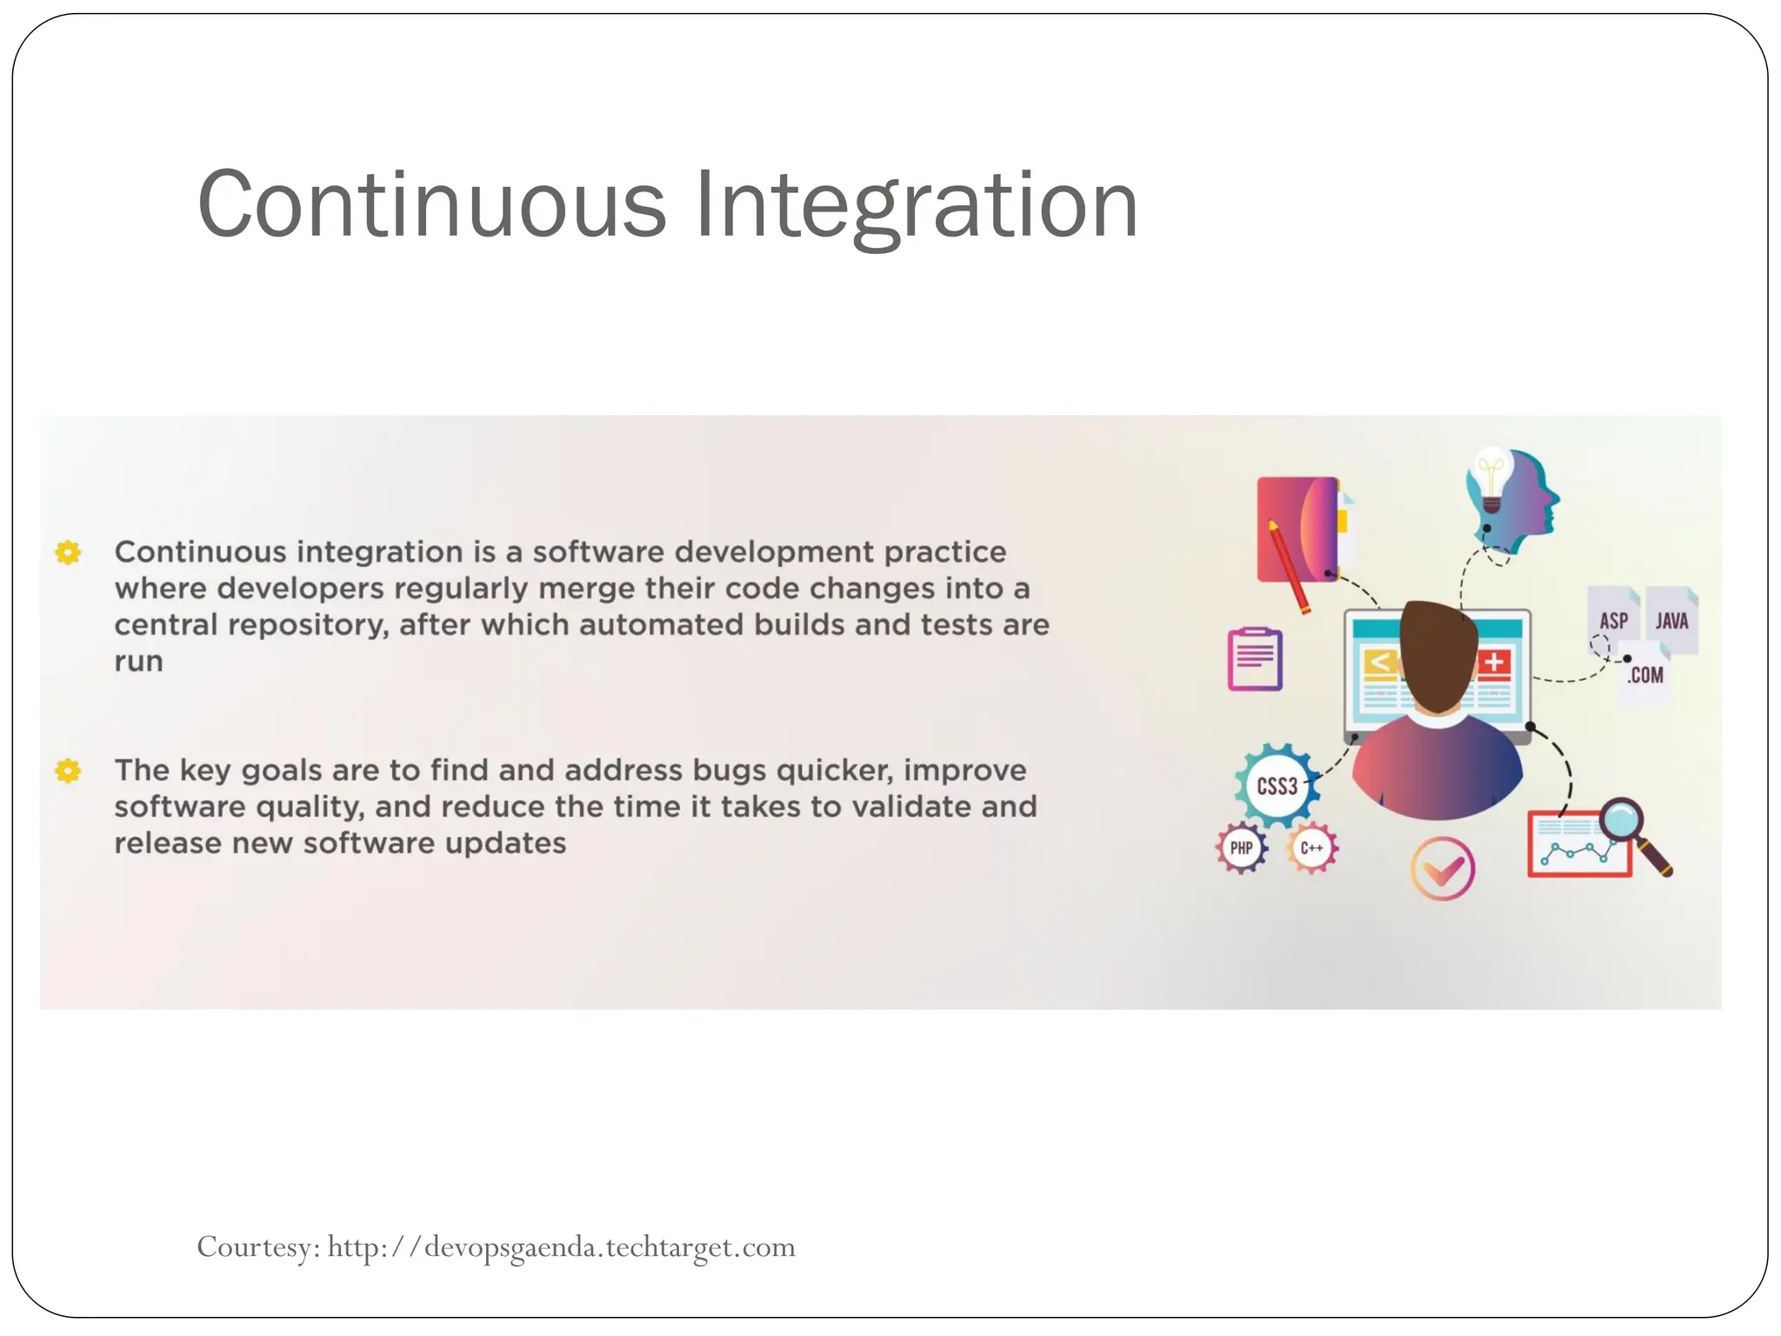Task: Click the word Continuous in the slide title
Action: coord(431,205)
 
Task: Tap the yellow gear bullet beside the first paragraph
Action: coord(68,552)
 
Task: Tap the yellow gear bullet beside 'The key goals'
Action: coord(68,771)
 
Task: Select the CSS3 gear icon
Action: coord(1277,785)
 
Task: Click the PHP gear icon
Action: coord(1241,848)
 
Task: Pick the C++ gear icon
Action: coord(1311,848)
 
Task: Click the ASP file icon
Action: coord(1613,619)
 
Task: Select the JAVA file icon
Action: coord(1671,619)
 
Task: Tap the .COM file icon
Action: coord(1645,674)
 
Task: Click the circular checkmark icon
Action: coord(1442,868)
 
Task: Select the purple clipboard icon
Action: coord(1254,659)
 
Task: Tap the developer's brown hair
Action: coord(1437,652)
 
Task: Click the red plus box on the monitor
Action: coord(1494,663)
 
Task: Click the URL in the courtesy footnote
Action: coord(561,1247)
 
